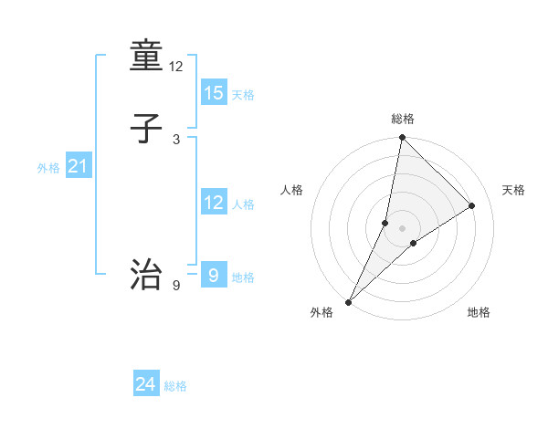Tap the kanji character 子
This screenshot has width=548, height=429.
pos(147,130)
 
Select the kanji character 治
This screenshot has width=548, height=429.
pos(147,273)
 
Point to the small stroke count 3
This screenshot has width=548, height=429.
pos(176,139)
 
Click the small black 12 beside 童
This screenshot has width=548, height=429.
pos(176,66)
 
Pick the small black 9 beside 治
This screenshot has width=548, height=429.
pos(176,286)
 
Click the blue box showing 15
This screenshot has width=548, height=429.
pos(214,92)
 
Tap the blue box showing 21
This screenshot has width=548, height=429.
pos(79,166)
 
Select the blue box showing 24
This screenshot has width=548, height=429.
pos(146,384)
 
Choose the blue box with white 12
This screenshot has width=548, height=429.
pos(214,203)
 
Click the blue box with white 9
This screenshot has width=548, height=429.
pos(214,274)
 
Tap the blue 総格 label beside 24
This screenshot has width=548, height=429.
pos(176,386)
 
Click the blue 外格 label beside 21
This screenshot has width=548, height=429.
pos(48,168)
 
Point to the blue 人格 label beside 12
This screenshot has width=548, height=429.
pos(243,204)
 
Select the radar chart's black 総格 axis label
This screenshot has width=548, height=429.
pos(403,119)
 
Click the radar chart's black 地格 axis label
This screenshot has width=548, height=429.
pos(479,313)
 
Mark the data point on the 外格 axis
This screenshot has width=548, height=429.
pos(348,301)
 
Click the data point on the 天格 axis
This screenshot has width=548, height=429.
pos(472,205)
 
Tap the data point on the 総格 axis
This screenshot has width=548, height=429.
pos(402,137)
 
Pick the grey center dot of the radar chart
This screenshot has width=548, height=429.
pos(402,227)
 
